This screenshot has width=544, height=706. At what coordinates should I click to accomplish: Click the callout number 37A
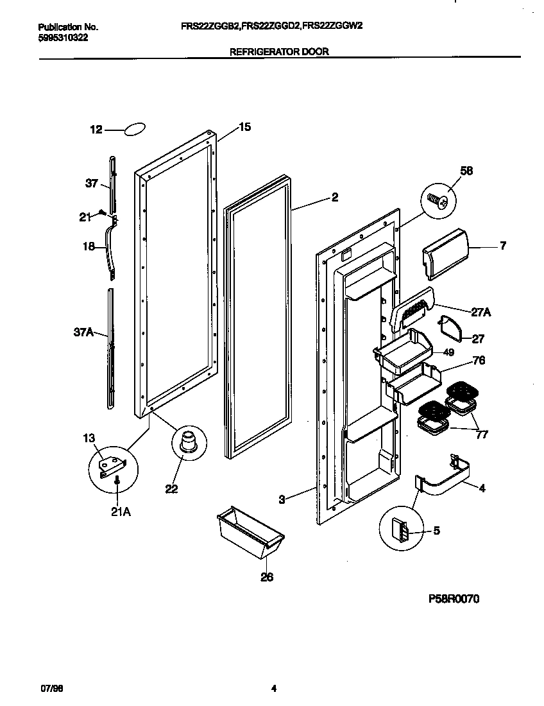click(x=83, y=332)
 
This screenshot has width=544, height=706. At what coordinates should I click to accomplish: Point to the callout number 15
click(x=244, y=126)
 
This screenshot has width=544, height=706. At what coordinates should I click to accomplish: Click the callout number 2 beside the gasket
click(x=335, y=198)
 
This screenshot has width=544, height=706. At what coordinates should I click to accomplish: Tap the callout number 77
click(x=481, y=435)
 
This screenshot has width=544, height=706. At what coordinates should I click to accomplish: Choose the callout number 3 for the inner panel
click(x=282, y=499)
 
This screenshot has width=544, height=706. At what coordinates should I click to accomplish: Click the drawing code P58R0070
click(x=454, y=599)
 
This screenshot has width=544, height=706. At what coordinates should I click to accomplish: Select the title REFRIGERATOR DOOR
click(x=279, y=52)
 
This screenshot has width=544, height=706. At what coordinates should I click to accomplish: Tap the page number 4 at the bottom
click(x=273, y=689)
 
